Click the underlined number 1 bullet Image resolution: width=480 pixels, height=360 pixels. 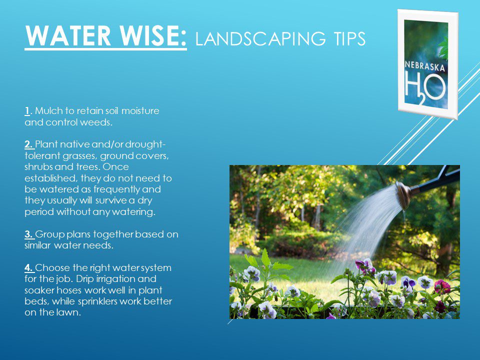(x=26, y=111)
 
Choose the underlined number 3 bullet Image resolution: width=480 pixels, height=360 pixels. (x=28, y=234)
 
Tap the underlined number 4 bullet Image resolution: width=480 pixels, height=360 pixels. (x=28, y=268)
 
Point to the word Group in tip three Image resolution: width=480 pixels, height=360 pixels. (x=48, y=234)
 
